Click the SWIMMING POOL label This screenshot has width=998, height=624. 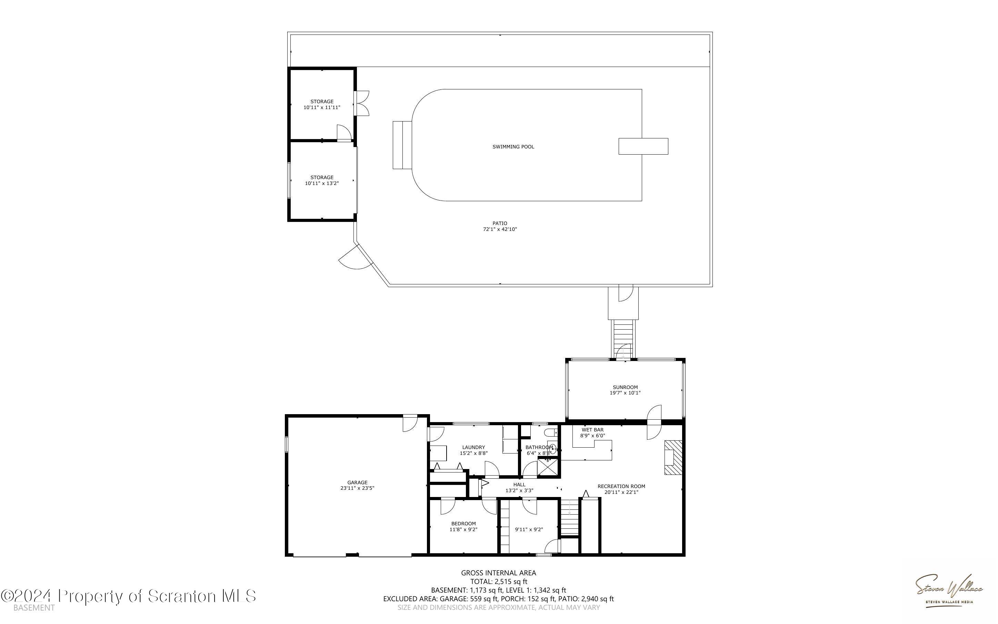513,146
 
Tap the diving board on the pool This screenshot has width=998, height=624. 643,146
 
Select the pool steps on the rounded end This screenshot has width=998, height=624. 402,145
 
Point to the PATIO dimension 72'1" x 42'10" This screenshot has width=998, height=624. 500,229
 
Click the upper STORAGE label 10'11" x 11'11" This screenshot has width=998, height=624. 322,105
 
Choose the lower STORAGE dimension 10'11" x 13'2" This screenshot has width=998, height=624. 322,183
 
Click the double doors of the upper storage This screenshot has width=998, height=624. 362,103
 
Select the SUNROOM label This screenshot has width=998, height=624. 625,387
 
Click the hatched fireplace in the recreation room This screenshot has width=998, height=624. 673,458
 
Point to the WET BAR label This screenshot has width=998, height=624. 592,430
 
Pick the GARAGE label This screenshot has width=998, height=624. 357,482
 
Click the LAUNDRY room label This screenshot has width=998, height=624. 473,447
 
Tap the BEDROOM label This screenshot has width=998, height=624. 463,524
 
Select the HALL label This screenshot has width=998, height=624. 519,485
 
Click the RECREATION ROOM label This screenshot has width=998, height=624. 621,486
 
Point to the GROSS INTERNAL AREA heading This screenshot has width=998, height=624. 498,573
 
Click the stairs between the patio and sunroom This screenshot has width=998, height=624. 623,339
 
